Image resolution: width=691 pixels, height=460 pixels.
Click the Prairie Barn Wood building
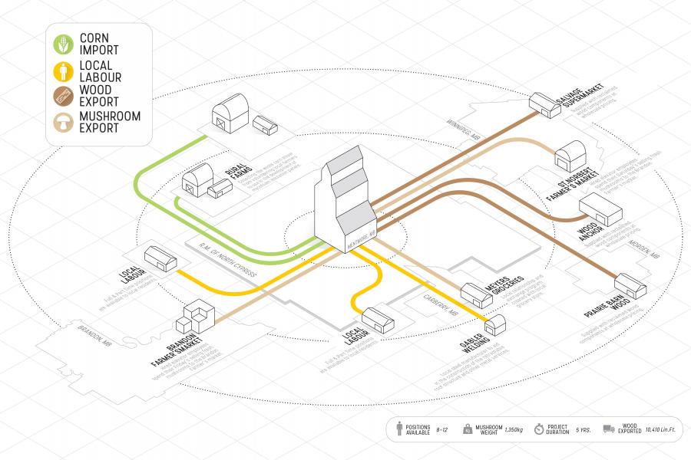point(633,287)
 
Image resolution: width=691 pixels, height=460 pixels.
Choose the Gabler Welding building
point(496,324)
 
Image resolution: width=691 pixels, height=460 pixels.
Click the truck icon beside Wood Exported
point(609,430)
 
